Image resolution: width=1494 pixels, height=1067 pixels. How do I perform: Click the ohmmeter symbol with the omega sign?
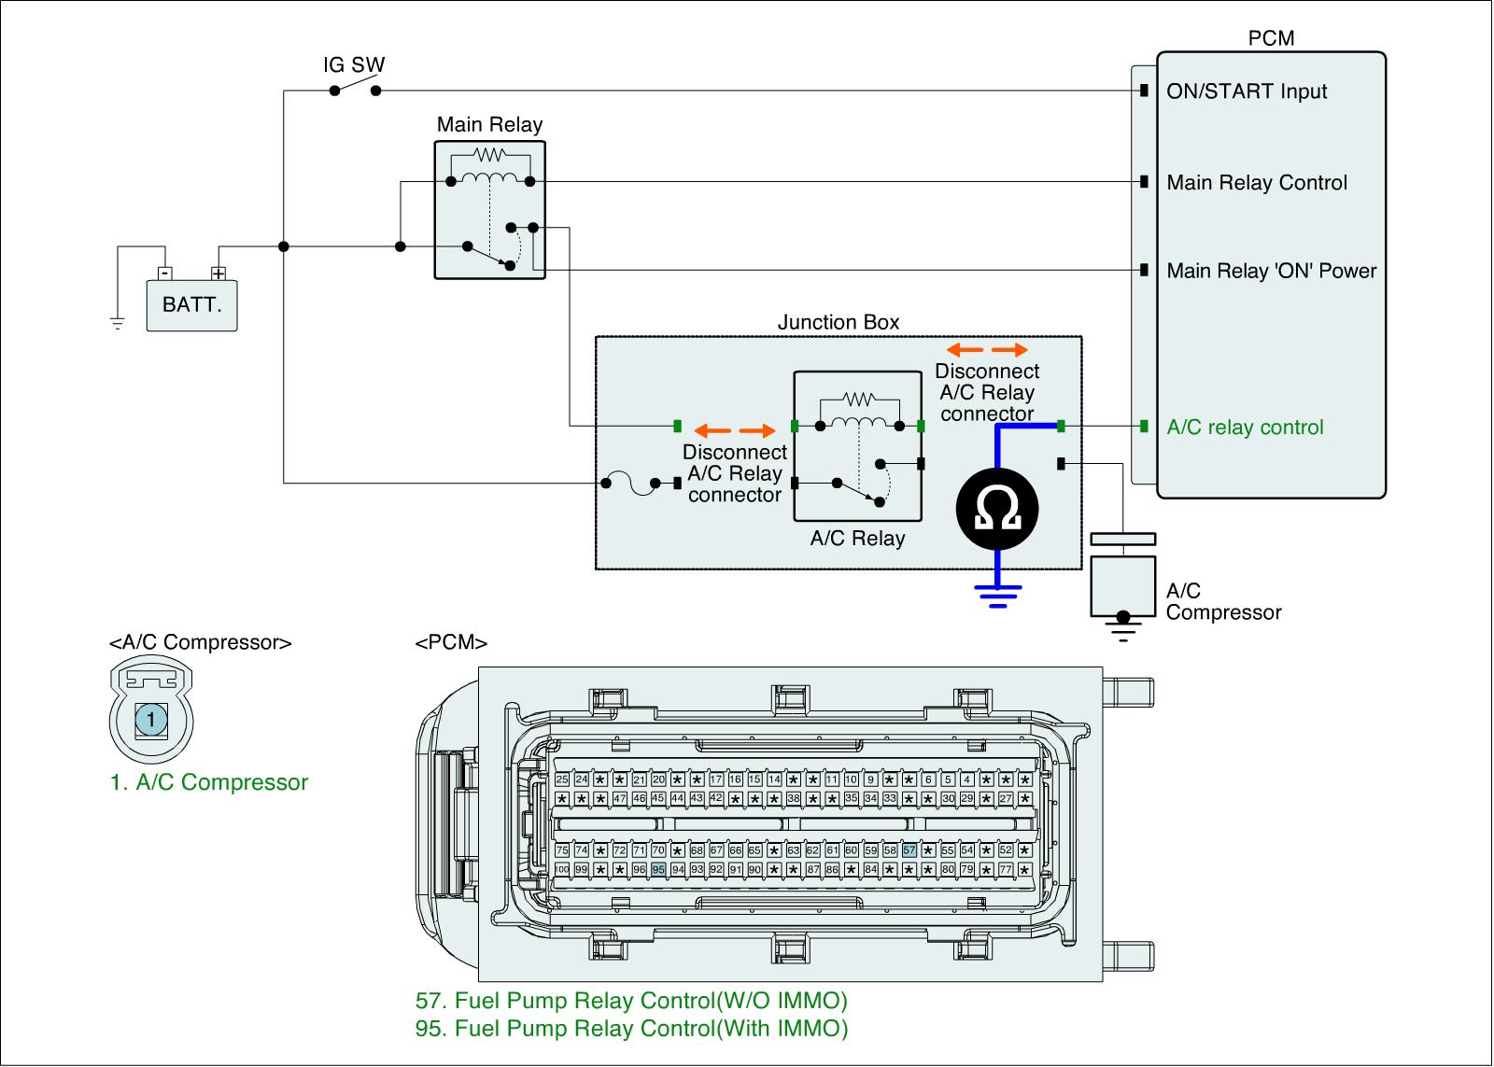tap(997, 508)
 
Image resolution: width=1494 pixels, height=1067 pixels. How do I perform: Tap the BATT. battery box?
tap(191, 305)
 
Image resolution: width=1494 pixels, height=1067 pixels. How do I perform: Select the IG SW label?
tap(354, 65)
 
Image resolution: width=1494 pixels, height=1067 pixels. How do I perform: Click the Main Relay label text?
tap(489, 125)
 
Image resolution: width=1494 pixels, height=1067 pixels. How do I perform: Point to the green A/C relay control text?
tap(1245, 428)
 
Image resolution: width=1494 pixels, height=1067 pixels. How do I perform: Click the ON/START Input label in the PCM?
tap(1247, 91)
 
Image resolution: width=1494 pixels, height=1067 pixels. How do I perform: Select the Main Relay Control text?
tap(1257, 183)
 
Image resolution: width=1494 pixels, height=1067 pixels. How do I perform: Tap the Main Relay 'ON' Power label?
tap(1272, 271)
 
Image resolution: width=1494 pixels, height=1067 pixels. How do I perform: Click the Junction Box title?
tap(839, 322)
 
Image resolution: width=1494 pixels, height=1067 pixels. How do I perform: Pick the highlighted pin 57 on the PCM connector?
tap(909, 850)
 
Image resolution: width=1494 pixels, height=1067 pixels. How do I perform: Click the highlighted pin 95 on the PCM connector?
tap(658, 869)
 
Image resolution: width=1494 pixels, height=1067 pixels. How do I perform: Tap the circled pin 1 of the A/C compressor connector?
tap(151, 719)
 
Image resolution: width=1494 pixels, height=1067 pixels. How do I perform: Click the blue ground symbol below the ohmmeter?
tap(998, 595)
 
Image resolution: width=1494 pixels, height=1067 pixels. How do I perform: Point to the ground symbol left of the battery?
tap(117, 324)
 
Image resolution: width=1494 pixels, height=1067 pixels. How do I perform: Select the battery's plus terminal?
tap(218, 274)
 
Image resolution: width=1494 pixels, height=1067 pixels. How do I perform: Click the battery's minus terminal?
tap(164, 274)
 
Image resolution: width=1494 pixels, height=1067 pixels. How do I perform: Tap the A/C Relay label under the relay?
tap(857, 539)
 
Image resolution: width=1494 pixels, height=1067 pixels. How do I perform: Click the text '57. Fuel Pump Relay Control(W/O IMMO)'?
tap(631, 1001)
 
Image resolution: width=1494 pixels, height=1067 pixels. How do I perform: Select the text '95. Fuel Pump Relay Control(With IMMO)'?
tap(631, 1029)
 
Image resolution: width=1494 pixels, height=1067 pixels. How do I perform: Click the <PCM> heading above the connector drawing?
tap(451, 643)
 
